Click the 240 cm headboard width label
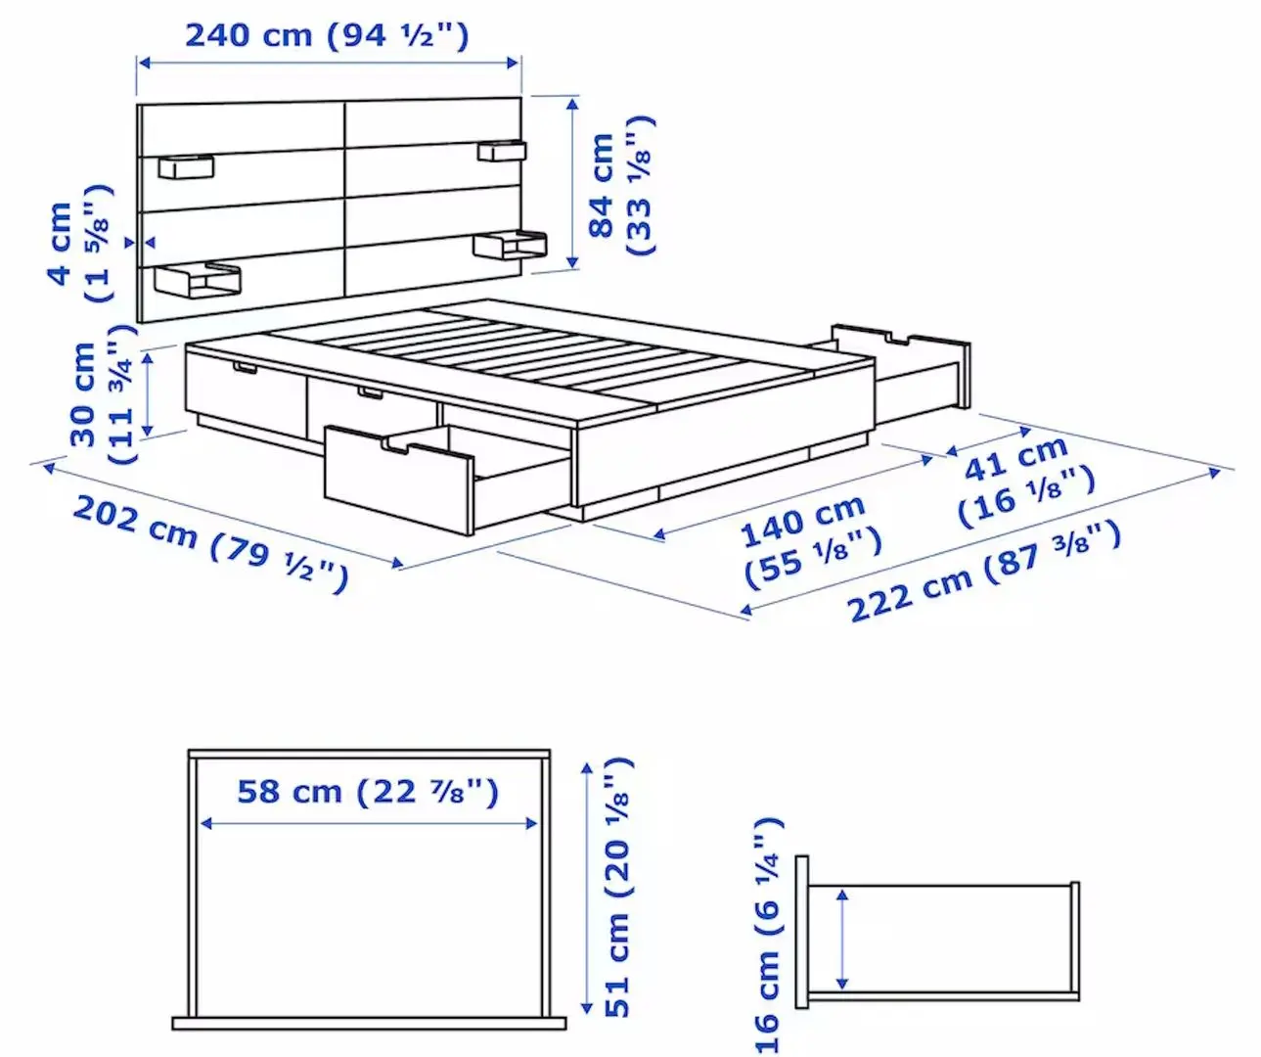coord(327,36)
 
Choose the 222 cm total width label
coord(982,572)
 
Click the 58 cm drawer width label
coord(368,791)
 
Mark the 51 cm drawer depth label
coord(618,887)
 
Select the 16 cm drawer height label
coord(768,935)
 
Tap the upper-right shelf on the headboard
coord(502,152)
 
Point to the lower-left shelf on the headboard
coord(197,281)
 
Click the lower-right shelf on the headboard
coord(510,244)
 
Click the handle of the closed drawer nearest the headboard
coord(244,368)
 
